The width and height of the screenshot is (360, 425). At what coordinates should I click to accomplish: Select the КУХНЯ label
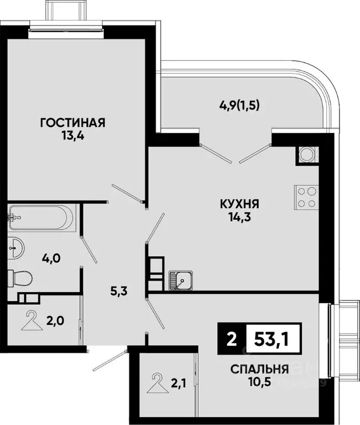point(239,204)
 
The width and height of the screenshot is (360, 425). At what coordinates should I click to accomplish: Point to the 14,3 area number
point(239,216)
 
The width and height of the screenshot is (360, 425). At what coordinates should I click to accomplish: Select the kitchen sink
point(180,281)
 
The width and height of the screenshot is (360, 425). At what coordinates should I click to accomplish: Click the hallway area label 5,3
point(120,292)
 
